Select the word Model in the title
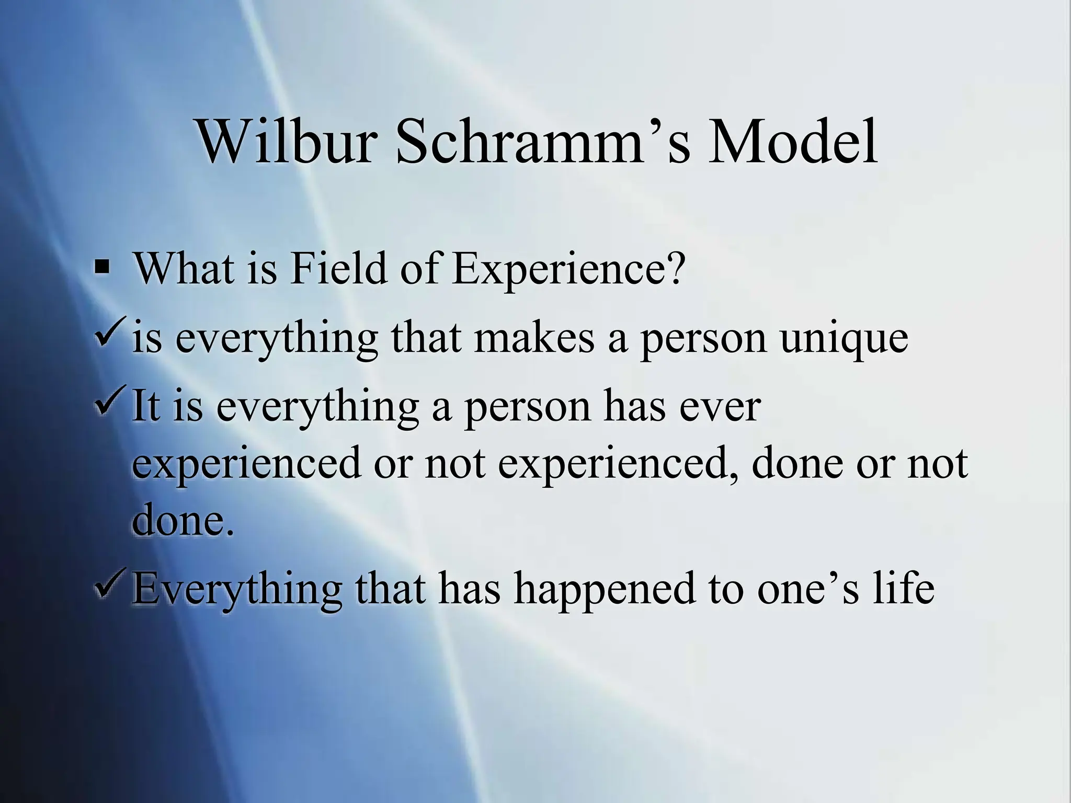click(792, 142)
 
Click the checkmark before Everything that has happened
click(110, 586)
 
